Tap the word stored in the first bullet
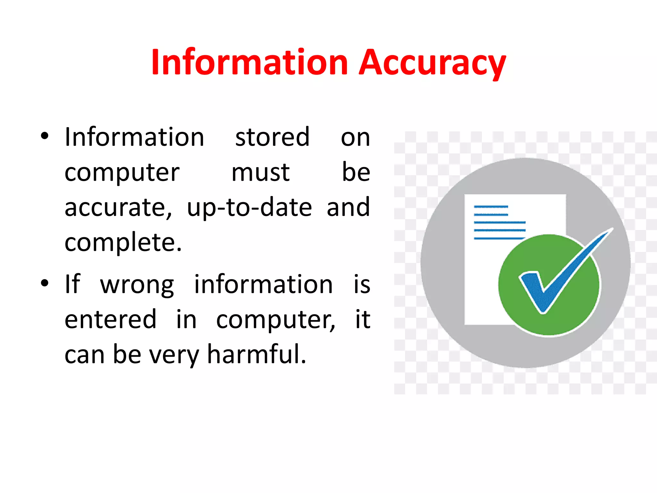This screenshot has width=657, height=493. (272, 137)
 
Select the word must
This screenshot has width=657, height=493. (260, 172)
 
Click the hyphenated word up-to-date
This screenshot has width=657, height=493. (249, 208)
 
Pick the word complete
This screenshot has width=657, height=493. (123, 242)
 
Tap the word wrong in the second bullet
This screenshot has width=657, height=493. (137, 285)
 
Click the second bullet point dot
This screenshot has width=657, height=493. (45, 283)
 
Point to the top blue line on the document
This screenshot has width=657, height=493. (491, 207)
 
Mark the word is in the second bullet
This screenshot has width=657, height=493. (362, 284)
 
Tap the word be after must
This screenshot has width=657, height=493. (356, 172)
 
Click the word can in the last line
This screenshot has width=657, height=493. (84, 355)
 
